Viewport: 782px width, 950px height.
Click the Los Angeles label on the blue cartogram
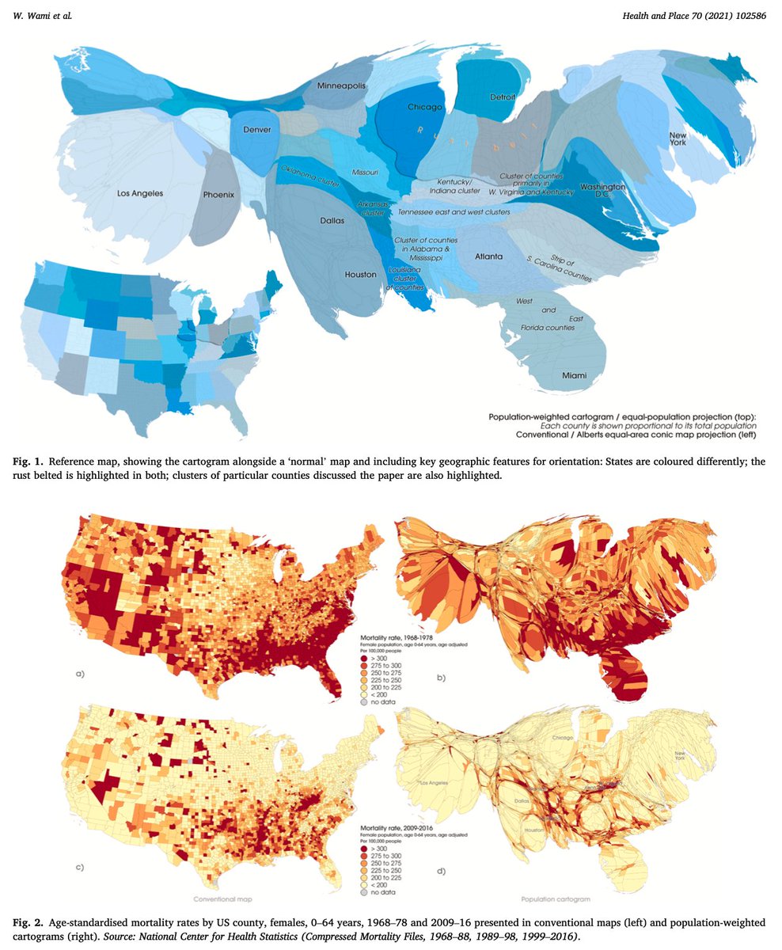pyautogui.click(x=140, y=192)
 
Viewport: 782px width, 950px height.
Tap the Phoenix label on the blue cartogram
pyautogui.click(x=219, y=194)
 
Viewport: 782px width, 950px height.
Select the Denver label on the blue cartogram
pyautogui.click(x=256, y=129)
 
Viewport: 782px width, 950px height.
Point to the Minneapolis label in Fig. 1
pyautogui.click(x=341, y=85)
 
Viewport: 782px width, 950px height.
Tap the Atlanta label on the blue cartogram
pyautogui.click(x=489, y=256)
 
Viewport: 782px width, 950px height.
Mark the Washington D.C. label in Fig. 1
pyautogui.click(x=603, y=190)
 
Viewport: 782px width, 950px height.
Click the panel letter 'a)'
pyautogui.click(x=80, y=674)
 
